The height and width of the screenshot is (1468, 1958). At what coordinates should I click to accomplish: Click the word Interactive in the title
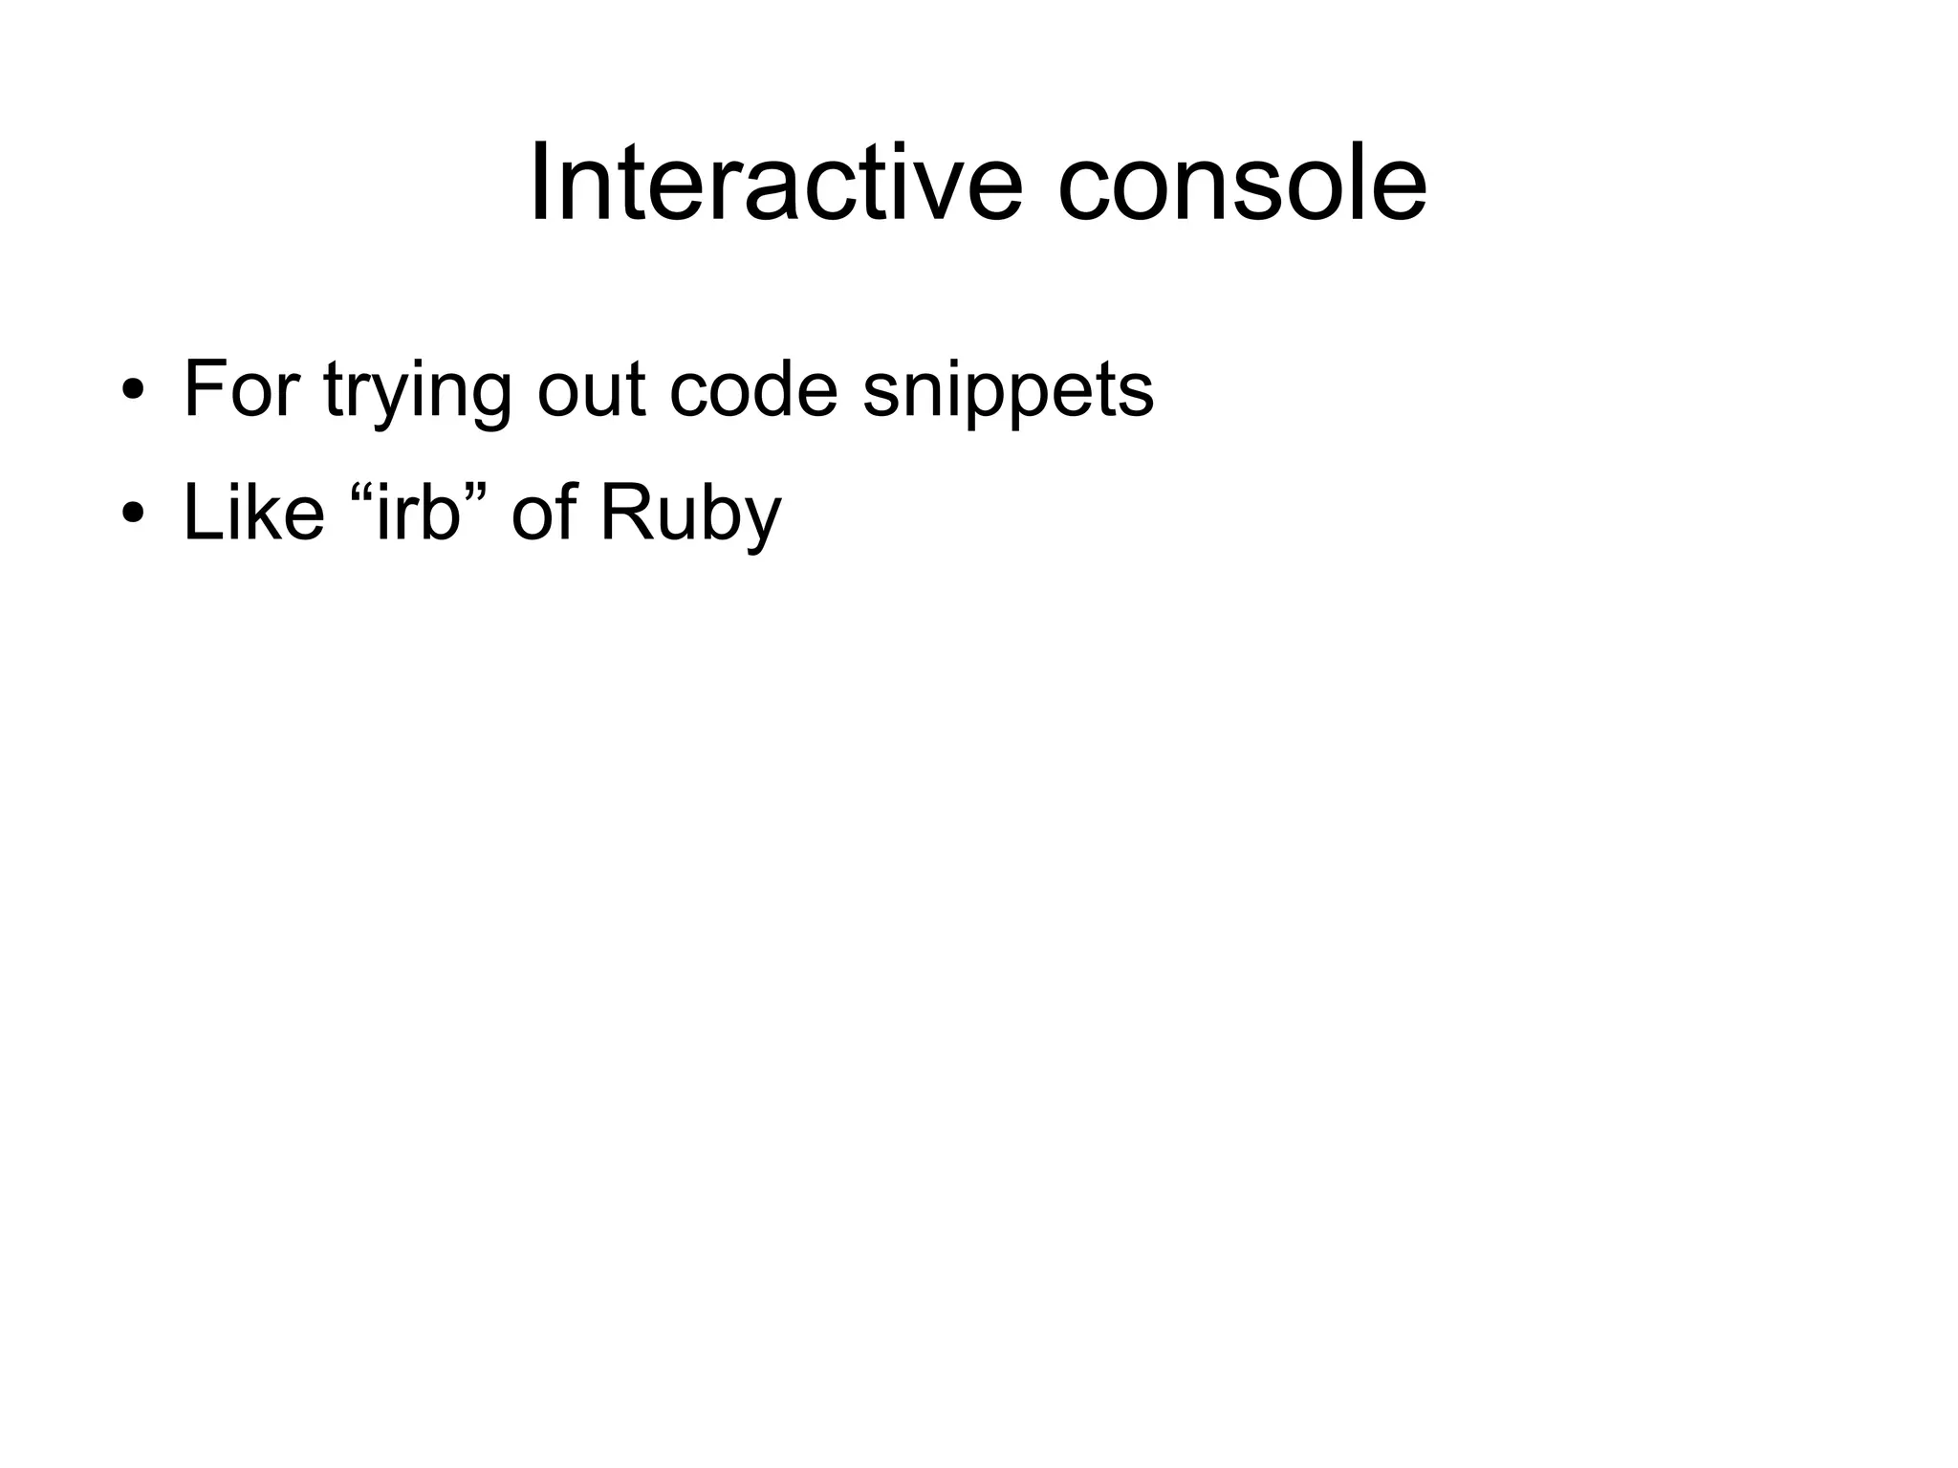tap(775, 182)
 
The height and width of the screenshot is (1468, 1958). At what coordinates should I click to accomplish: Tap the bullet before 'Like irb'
tap(133, 514)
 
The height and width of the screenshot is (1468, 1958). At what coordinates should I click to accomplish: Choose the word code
tap(753, 389)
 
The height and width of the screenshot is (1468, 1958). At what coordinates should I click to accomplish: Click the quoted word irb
tap(419, 513)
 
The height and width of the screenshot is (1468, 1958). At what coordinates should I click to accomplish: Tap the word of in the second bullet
tap(544, 513)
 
